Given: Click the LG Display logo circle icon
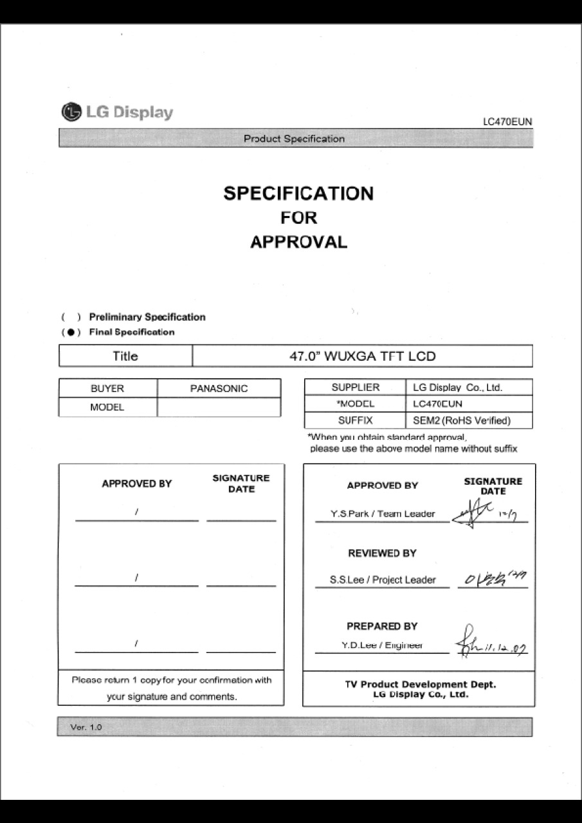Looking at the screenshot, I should point(71,113).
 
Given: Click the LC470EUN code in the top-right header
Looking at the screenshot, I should point(507,122).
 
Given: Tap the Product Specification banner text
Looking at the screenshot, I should point(294,139).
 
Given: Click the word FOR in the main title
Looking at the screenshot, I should point(298,218).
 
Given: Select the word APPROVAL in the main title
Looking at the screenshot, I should point(298,242).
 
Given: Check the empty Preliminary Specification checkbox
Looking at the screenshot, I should point(71,317).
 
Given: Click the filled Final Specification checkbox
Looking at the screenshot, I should point(71,332).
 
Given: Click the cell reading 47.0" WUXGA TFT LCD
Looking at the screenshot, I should point(362,356).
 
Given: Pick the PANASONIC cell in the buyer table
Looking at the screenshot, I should point(219,388).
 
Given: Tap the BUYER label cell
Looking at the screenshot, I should point(107,388).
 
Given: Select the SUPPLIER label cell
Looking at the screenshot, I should point(355,387).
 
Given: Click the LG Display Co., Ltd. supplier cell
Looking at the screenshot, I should point(457,388).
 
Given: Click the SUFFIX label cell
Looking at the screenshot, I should point(355,421).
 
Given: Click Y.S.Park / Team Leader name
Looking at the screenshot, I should point(382,514).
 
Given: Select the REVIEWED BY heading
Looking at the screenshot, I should point(382,553).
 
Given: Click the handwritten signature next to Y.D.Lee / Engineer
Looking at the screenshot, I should point(490,644).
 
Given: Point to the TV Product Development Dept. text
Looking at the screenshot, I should point(421,685).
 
